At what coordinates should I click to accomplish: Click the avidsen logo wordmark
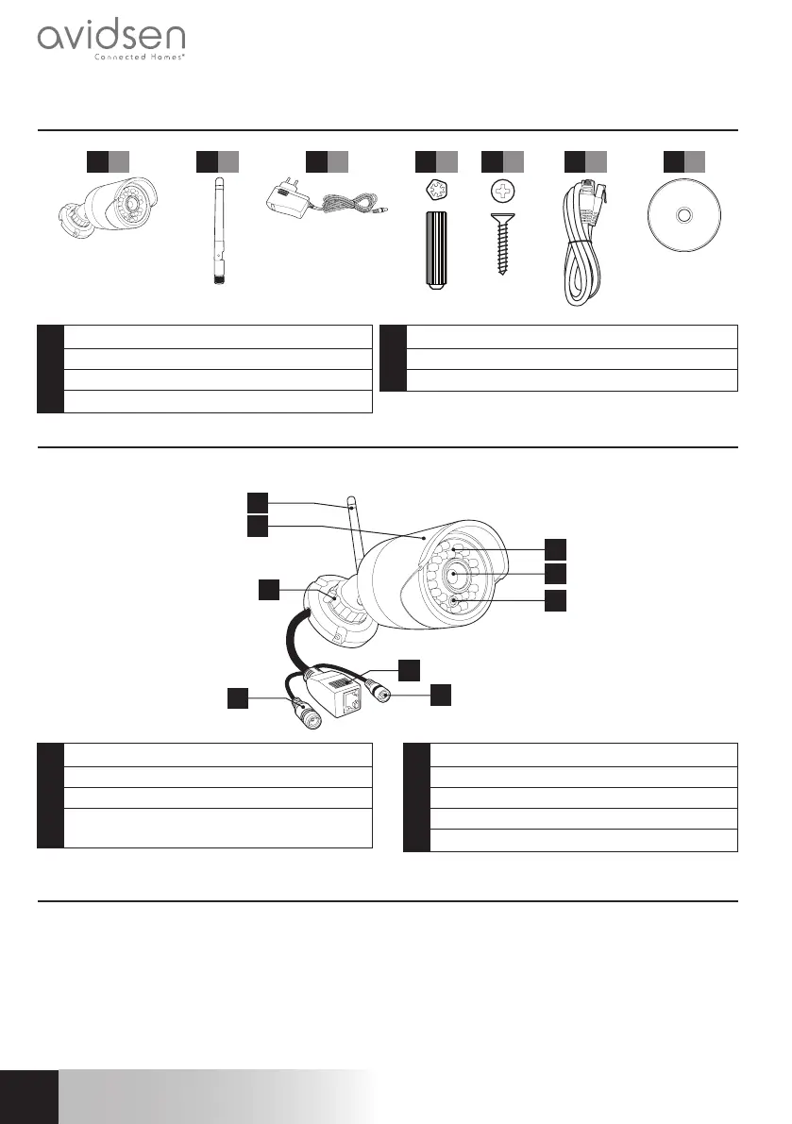(110, 38)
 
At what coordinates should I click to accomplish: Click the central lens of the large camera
(455, 573)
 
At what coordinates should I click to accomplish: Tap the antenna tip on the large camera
(351, 500)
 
